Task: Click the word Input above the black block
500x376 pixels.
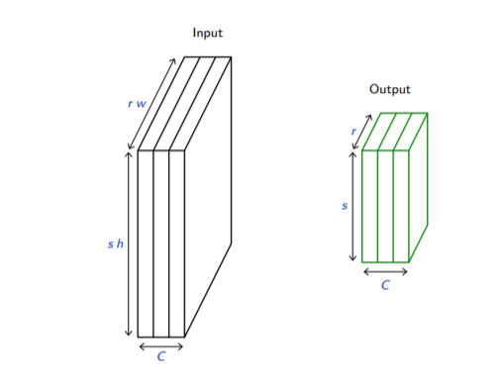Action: click(208, 34)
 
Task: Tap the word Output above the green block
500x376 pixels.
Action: click(390, 89)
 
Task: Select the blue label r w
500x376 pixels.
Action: click(137, 104)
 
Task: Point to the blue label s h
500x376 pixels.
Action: click(116, 243)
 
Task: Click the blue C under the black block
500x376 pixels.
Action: click(161, 356)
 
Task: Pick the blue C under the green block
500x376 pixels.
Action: click(385, 285)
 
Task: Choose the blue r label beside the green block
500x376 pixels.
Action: click(353, 132)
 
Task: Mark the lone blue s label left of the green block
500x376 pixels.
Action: click(345, 206)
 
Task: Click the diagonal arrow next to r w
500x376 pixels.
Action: click(151, 104)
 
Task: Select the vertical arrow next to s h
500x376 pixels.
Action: click(129, 243)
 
